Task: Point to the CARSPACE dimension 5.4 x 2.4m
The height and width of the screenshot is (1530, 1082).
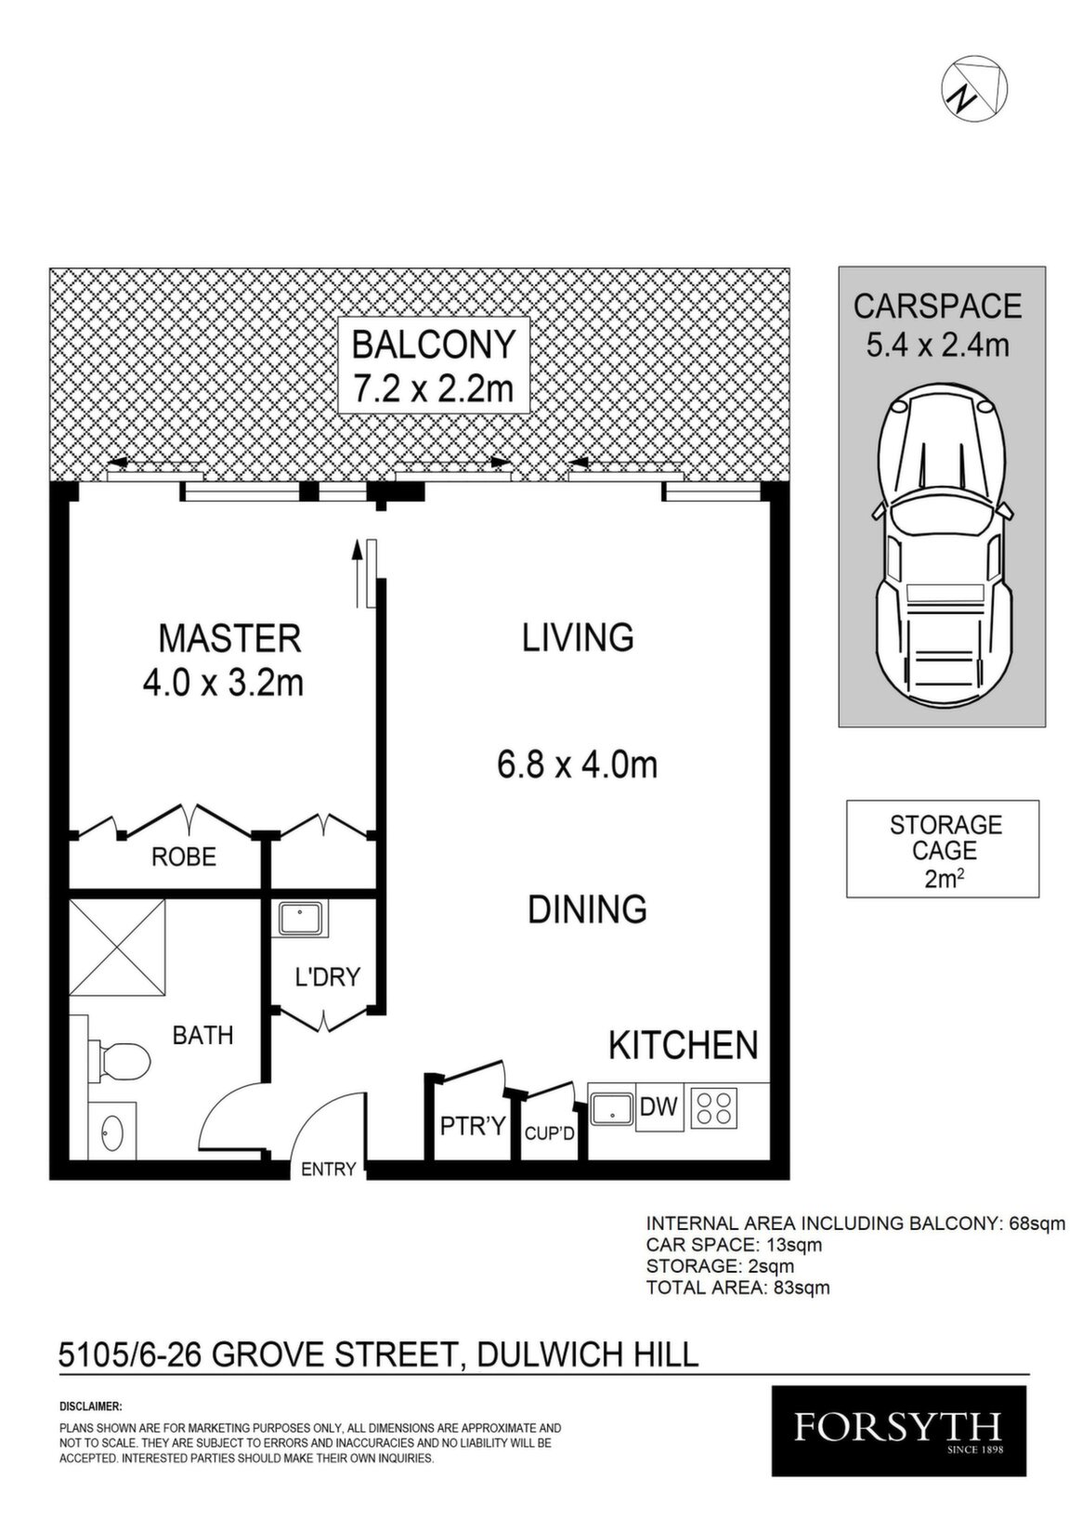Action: coord(937,347)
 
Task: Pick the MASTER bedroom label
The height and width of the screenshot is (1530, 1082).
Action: coord(229,638)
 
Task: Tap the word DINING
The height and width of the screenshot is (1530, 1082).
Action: coord(588,909)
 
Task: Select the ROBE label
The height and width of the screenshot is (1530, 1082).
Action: coord(184,857)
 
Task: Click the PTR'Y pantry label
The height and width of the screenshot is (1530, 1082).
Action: coord(472,1126)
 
